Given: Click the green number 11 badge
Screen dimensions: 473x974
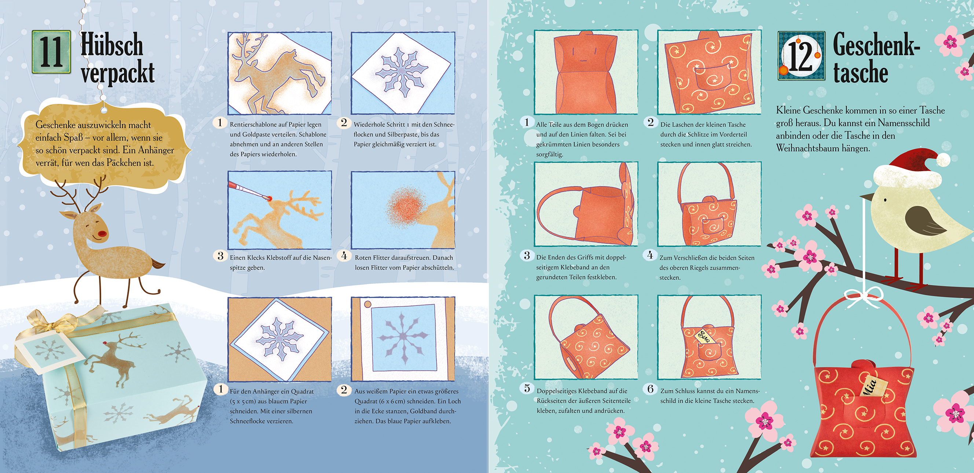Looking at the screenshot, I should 51,52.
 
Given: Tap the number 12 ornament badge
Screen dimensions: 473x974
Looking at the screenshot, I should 801,56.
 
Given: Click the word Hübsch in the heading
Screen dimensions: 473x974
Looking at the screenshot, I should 112,45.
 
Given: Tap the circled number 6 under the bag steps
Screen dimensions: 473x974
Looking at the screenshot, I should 650,389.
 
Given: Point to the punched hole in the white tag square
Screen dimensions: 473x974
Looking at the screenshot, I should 367,304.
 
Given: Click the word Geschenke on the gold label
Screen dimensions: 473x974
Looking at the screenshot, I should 56,124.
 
